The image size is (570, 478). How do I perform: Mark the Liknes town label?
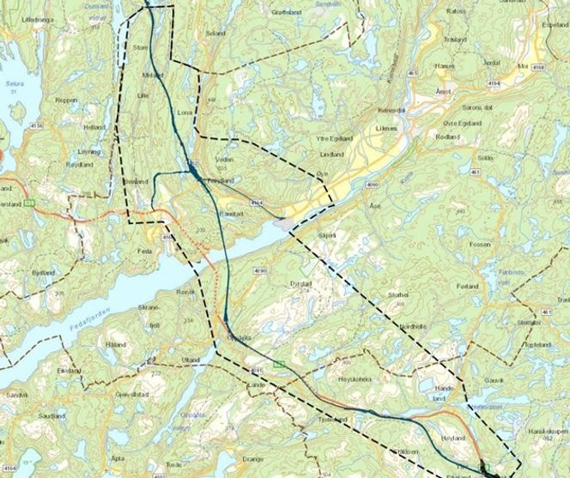coord(386,130)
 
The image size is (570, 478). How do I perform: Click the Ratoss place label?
coord(455,12)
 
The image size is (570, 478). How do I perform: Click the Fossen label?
coord(479,245)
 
